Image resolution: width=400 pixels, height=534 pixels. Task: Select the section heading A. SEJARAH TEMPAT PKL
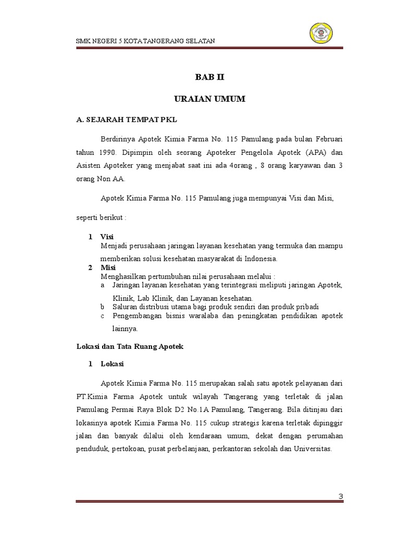pos(127,120)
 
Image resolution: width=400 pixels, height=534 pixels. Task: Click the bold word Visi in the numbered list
pos(107,236)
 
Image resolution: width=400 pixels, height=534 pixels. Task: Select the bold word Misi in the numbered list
pos(108,267)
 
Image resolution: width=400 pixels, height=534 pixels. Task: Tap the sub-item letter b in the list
pos(103,306)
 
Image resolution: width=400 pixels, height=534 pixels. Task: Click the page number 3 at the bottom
pos(341,496)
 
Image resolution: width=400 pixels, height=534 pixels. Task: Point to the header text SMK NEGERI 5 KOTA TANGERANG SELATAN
pos(145,41)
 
